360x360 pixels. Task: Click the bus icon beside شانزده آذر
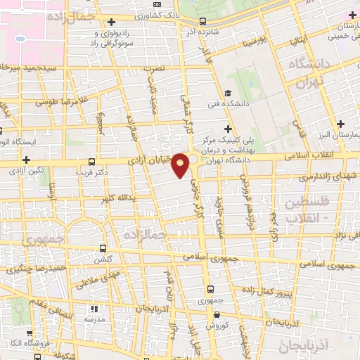[x=202, y=22]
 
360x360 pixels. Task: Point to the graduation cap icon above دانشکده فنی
[x=226, y=93]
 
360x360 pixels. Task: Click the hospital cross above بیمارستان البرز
[x=341, y=123]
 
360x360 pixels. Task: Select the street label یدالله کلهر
[x=115, y=198]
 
